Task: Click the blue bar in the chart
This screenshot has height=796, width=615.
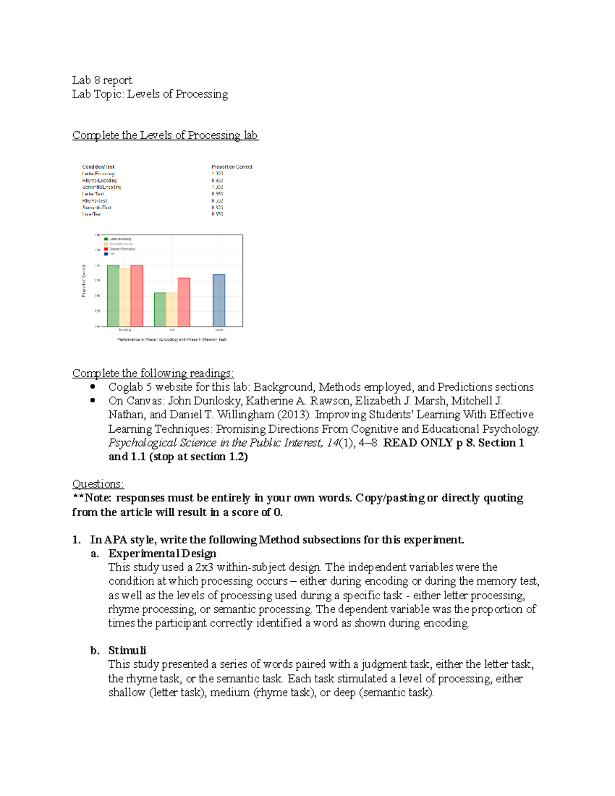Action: click(x=219, y=300)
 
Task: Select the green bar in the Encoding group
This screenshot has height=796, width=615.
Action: click(x=113, y=296)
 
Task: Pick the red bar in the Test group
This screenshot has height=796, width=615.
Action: click(x=184, y=302)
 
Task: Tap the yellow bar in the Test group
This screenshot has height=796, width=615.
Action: click(x=172, y=309)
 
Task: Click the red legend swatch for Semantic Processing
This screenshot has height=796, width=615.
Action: click(x=106, y=249)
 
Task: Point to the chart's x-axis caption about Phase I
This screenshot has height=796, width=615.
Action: click(x=172, y=339)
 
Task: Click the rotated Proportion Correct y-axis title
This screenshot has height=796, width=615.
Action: click(x=84, y=280)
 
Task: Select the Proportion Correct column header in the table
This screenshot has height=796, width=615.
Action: click(x=232, y=167)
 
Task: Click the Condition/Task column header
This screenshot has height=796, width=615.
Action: click(x=98, y=167)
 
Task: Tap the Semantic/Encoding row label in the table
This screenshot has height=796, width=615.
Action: click(x=101, y=187)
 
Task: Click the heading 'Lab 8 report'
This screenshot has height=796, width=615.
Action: click(x=102, y=80)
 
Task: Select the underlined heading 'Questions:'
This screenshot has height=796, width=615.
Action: click(x=98, y=484)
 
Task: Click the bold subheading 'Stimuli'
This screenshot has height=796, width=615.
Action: click(x=127, y=650)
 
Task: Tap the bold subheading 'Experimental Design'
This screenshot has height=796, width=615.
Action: click(x=162, y=554)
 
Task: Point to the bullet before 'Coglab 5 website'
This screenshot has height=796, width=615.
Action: click(x=93, y=386)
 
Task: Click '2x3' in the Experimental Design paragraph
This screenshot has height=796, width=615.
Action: click(x=204, y=567)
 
